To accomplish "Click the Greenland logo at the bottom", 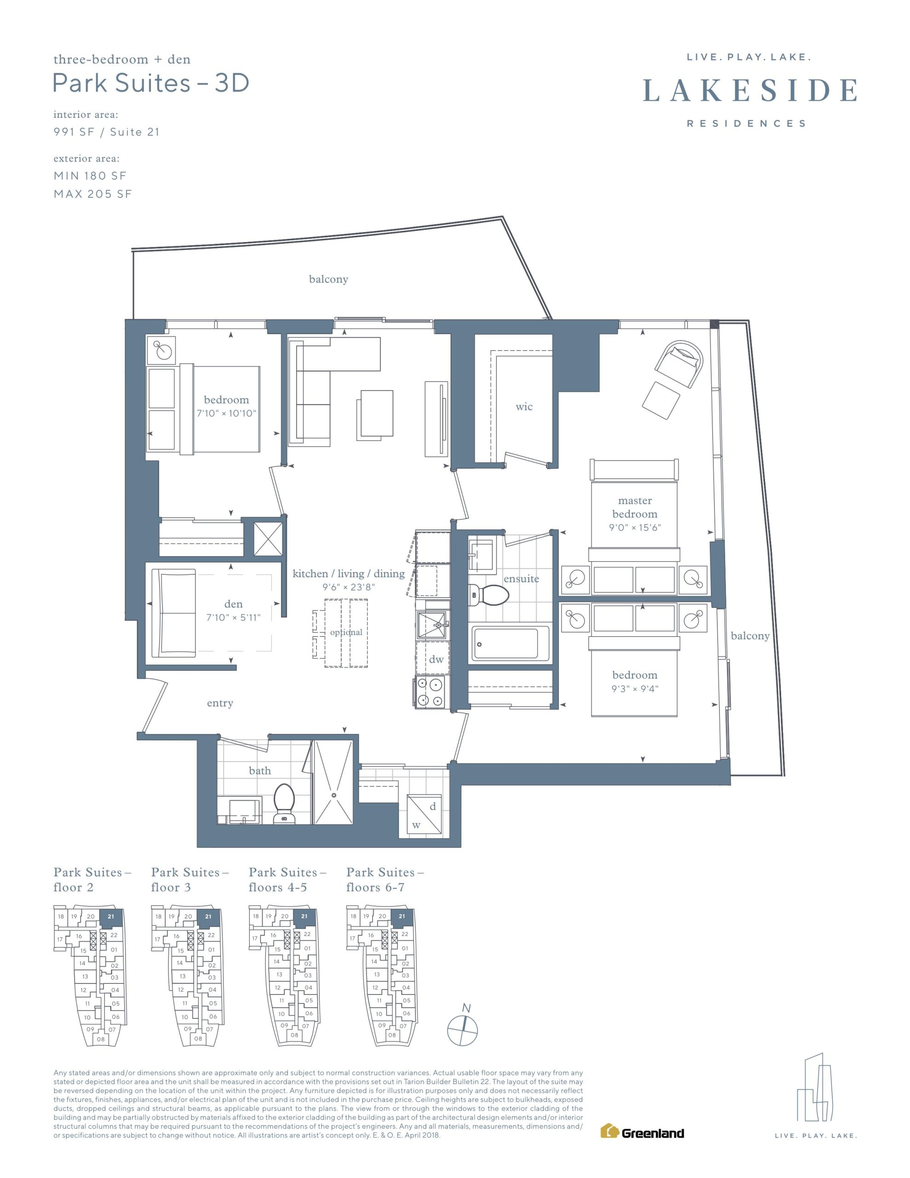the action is point(642,1132).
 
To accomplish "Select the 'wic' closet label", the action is point(524,407).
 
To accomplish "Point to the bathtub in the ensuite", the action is point(510,643).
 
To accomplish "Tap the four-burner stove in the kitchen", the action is point(431,693).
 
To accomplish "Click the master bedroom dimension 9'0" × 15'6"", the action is point(635,527).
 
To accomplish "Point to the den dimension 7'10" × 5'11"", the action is point(233,618).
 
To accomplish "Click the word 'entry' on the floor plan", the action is point(220,703).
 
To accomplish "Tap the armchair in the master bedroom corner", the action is point(679,364).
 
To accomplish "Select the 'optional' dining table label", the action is point(346,632).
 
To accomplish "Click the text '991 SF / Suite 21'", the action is point(107,132).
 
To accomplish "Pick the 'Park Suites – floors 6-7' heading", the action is point(385,880).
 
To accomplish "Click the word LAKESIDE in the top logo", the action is point(750,90).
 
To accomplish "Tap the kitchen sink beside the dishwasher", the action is point(432,625).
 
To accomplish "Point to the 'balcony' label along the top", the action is point(328,279).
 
